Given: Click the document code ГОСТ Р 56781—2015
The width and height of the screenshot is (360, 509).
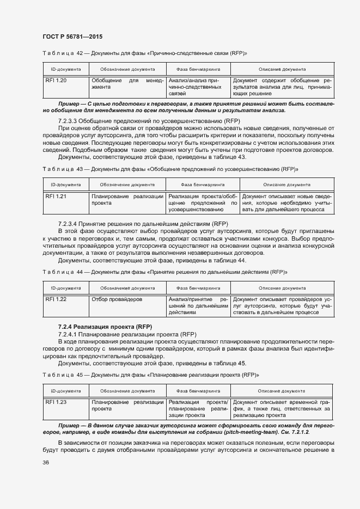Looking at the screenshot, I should pyautogui.click(x=72, y=36).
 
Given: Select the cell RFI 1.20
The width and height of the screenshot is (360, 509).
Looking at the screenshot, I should pyautogui.click(x=56, y=81).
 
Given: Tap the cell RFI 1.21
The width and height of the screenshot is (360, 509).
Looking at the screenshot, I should pyautogui.click(x=56, y=196).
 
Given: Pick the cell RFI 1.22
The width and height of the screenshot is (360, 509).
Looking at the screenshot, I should pyautogui.click(x=56, y=299).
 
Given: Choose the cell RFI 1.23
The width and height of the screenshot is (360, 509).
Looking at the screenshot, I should pyautogui.click(x=56, y=402).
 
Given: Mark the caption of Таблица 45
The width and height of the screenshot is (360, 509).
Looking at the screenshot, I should pyautogui.click(x=150, y=375).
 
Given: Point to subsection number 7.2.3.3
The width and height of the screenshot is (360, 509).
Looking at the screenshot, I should pyautogui.click(x=68, y=120).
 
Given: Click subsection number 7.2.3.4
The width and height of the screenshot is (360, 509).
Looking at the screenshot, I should pyautogui.click(x=68, y=223).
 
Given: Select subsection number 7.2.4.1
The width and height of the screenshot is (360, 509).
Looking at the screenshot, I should pyautogui.click(x=68, y=333).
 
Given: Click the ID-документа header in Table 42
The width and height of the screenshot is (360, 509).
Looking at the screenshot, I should pyautogui.click(x=66, y=70).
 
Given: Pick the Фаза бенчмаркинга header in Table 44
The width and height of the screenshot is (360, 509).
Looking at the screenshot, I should pyautogui.click(x=198, y=288).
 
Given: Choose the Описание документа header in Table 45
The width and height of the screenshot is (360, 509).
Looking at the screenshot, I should pyautogui.click(x=282, y=391).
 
